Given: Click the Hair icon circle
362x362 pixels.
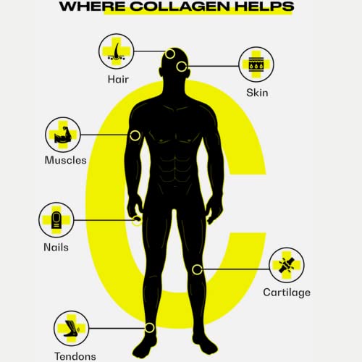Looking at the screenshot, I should (117, 51).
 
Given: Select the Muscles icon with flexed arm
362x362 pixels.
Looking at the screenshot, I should (63, 135).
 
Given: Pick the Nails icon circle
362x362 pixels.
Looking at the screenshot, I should (56, 219).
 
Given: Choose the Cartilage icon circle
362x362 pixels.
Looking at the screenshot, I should (287, 264).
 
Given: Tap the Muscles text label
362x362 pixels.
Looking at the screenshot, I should (65, 161).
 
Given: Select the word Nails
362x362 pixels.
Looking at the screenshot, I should (56, 247).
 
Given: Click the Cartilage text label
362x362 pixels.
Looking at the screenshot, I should (287, 292).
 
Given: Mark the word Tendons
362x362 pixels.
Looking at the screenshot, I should (75, 355).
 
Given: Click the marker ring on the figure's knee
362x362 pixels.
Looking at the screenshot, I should (197, 269).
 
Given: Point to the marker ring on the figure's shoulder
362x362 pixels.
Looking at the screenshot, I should (135, 135).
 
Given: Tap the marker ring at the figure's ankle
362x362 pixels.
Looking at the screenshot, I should (149, 328).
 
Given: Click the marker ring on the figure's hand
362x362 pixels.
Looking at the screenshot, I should (137, 221).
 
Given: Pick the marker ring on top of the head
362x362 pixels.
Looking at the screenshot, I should (170, 53).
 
